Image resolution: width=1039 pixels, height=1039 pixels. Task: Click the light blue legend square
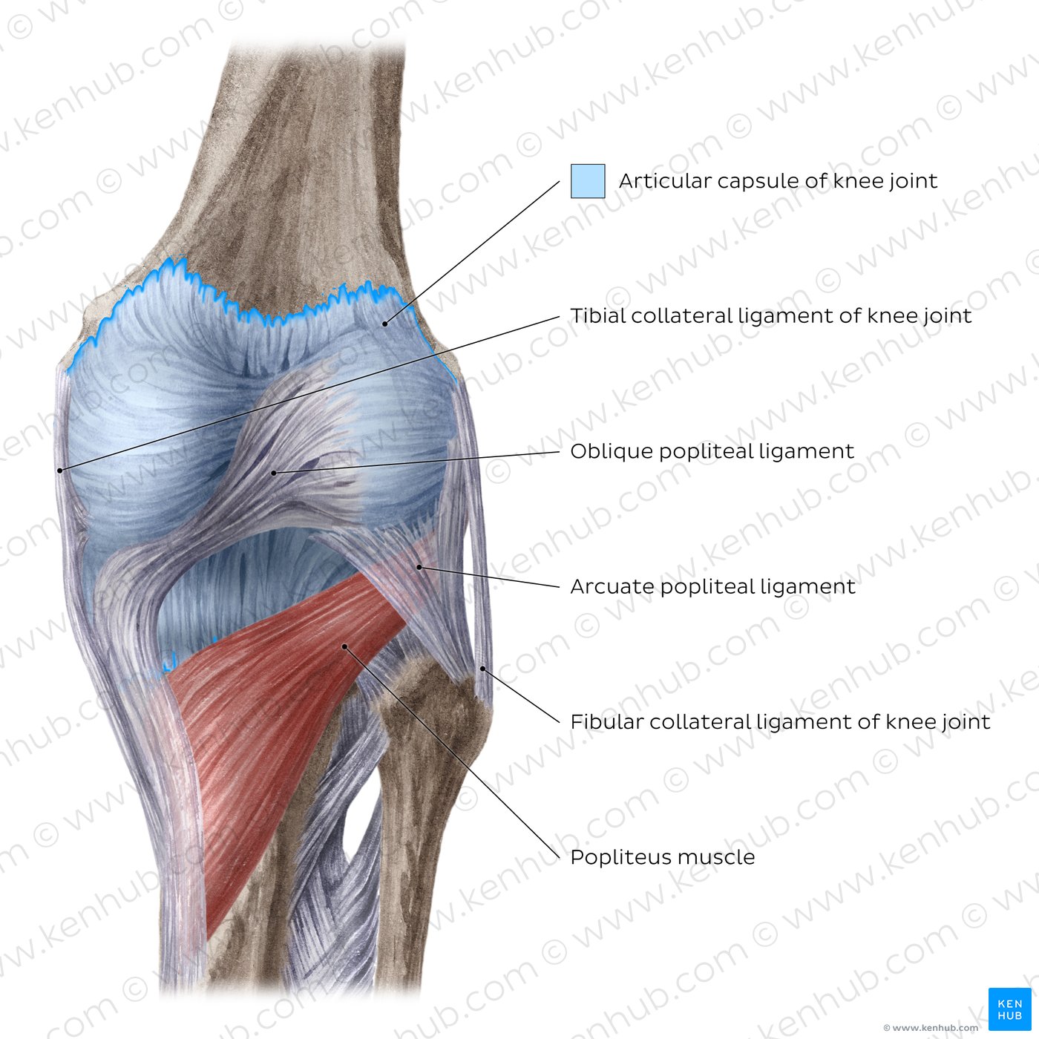pos(588,181)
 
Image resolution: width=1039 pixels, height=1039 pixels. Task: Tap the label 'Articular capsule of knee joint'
pos(778,181)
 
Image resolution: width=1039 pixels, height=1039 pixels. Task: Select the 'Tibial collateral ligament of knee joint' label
pos(771,316)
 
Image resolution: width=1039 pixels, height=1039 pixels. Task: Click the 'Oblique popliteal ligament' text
pos(712,451)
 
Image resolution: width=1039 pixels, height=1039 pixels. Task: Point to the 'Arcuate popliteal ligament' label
pos(712,586)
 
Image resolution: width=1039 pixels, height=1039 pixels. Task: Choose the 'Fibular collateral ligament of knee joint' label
pos(780,722)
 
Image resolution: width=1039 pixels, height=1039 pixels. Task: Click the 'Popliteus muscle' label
pos(663,857)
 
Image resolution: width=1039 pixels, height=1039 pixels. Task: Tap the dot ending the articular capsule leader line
pos(385,324)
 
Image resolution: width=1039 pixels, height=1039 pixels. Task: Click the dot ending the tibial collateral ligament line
pos(60,471)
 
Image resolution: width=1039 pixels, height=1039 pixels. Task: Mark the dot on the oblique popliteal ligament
pos(274,473)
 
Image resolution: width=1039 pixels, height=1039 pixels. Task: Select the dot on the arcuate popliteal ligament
pos(419,567)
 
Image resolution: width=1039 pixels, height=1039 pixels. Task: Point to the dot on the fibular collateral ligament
pos(482,669)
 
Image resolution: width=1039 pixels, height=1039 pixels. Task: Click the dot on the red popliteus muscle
pos(344,646)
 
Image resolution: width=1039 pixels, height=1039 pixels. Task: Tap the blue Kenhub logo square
pos(1009,1009)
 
